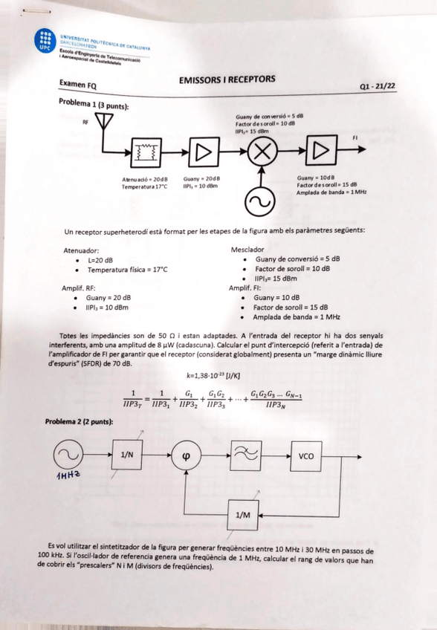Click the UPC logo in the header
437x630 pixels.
click(x=46, y=41)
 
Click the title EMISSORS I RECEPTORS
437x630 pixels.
click(x=227, y=79)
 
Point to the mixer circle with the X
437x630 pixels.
click(x=261, y=152)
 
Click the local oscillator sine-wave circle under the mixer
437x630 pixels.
click(x=261, y=200)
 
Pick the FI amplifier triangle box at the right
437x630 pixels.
click(x=320, y=151)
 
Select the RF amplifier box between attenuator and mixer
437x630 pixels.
click(x=202, y=152)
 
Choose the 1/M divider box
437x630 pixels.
click(x=242, y=514)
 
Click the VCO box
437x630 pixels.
click(x=306, y=455)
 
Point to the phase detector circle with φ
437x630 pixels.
click(x=186, y=456)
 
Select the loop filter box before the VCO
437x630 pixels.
click(x=246, y=455)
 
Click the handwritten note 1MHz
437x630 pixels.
click(x=68, y=475)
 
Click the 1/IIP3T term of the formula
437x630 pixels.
click(x=133, y=399)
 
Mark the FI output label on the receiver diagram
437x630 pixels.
click(x=355, y=137)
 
